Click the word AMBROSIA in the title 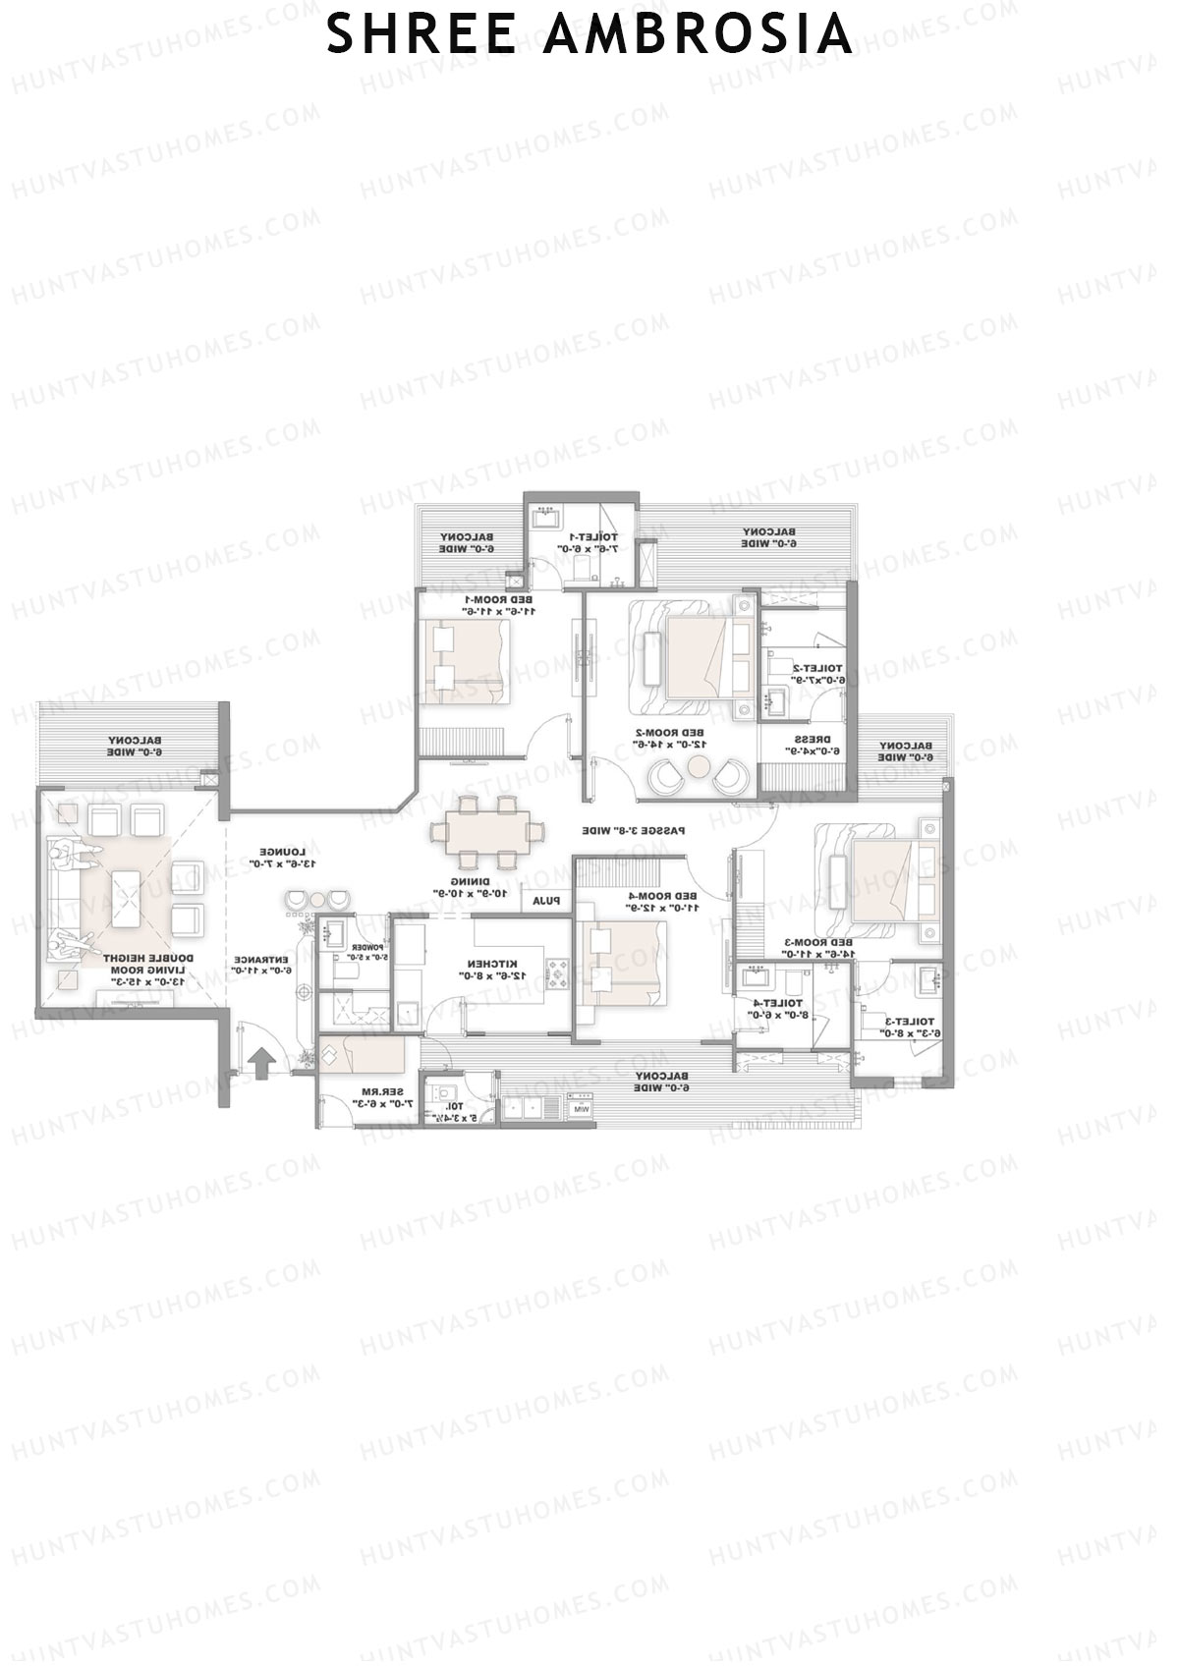[697, 34]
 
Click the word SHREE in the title [421, 34]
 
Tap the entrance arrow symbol [261, 1063]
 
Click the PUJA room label [545, 900]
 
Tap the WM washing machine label [581, 1110]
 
